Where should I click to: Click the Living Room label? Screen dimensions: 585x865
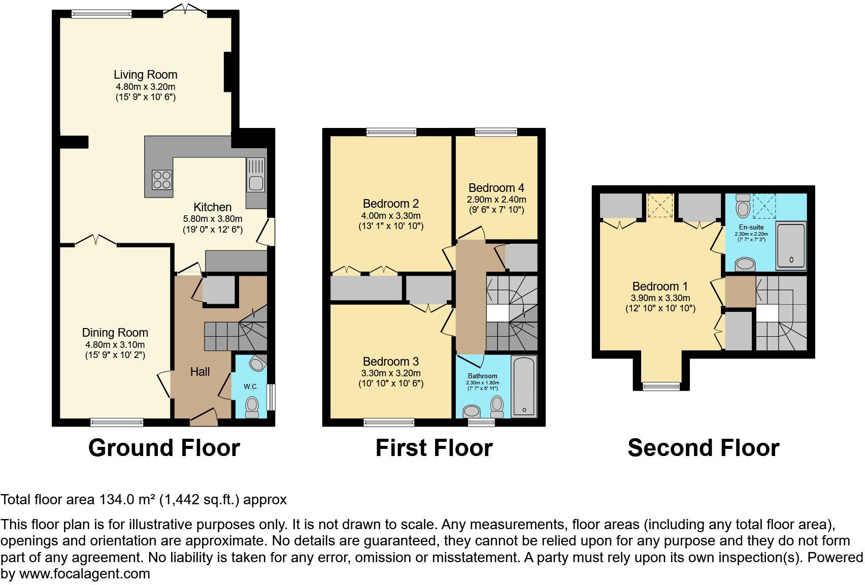(145, 75)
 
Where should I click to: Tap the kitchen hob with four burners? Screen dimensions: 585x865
(161, 180)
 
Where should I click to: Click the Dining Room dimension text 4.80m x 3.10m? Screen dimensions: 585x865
(115, 344)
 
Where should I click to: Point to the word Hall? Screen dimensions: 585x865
(200, 372)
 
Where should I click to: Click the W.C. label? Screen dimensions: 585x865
(251, 386)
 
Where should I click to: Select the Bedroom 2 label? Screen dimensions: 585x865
(390, 204)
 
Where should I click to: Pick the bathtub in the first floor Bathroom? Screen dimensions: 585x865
(524, 386)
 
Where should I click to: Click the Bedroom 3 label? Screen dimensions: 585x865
(390, 362)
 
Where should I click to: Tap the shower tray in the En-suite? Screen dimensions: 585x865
(791, 246)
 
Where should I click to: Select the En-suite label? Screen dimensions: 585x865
(751, 227)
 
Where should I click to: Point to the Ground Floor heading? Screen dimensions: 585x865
(164, 448)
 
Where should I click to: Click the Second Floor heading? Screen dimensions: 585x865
(703, 448)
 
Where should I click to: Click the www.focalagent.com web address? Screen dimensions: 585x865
(84, 574)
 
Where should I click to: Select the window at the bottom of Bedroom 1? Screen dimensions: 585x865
(661, 386)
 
